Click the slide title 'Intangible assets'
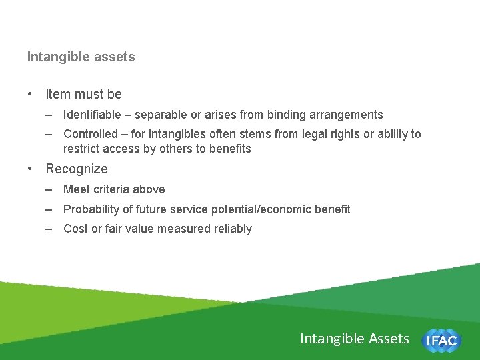coord(81,57)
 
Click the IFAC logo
coord(441,341)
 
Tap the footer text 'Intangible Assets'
coord(355,339)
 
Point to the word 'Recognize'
coord(76,169)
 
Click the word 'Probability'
coord(91,209)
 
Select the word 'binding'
coord(287,115)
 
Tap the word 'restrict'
coord(81,149)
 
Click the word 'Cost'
coord(75,229)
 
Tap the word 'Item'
coord(57,94)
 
